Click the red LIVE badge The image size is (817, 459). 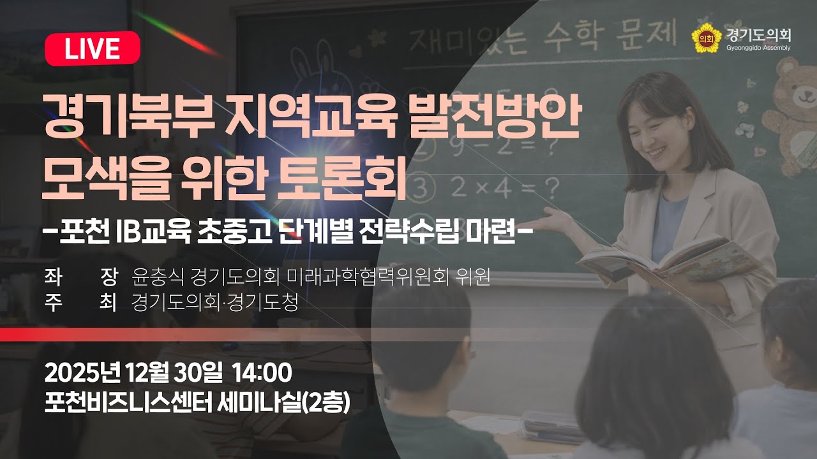click(93, 48)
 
